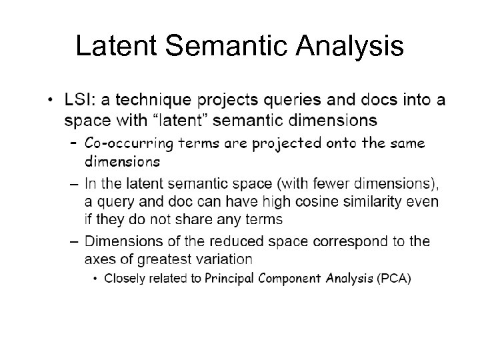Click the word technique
[x=151, y=101]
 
